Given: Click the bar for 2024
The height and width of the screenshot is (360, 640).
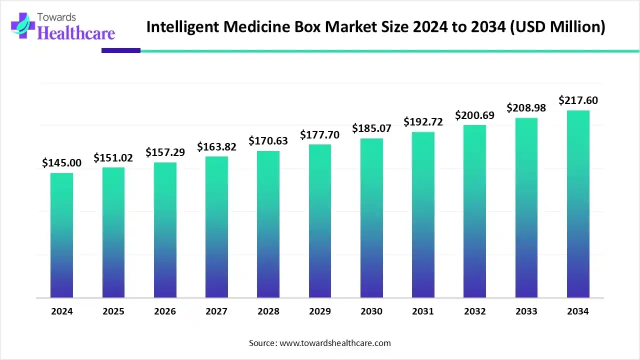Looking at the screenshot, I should [61, 235].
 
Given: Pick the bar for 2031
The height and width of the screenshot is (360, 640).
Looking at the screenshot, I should [423, 215].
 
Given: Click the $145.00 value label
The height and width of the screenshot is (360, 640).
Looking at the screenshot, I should [61, 162].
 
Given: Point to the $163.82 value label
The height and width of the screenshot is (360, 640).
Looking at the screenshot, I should [216, 146].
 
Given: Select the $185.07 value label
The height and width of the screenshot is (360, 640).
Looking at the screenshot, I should [371, 128].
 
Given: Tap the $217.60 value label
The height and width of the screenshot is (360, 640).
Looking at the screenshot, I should [578, 100].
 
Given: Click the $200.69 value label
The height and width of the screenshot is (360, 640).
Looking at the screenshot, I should [474, 115].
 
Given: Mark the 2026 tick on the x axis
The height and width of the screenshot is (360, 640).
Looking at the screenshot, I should [165, 311].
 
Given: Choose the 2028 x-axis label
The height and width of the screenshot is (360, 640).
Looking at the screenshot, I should [268, 311].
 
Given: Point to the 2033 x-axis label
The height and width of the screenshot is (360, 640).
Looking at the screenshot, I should [526, 311].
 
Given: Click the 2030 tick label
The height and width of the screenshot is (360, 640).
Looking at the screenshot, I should [371, 311].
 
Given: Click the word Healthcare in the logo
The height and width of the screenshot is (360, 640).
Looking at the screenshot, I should [76, 33].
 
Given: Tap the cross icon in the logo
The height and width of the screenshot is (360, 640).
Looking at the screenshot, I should [23, 25].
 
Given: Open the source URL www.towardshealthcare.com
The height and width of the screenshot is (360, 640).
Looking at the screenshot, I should [334, 343].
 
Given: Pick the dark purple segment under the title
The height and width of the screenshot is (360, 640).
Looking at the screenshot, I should [121, 50].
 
